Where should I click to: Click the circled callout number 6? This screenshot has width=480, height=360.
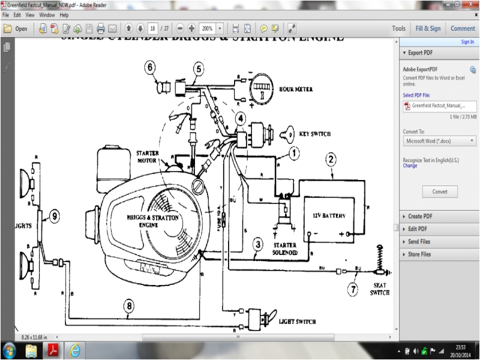point(149,68)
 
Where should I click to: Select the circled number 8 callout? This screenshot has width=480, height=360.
point(128,305)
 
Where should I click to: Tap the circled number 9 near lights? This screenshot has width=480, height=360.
point(53,214)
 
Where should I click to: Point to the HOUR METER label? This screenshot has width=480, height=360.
point(296,89)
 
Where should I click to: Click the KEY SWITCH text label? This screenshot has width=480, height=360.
point(313,134)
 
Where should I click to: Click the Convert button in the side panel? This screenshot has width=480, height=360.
point(439,191)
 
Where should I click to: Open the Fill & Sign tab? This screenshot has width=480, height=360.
point(427,28)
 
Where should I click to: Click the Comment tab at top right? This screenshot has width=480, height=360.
point(463,28)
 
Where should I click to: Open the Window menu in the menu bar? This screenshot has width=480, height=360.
point(47,14)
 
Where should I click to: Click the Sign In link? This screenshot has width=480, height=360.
point(467,42)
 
